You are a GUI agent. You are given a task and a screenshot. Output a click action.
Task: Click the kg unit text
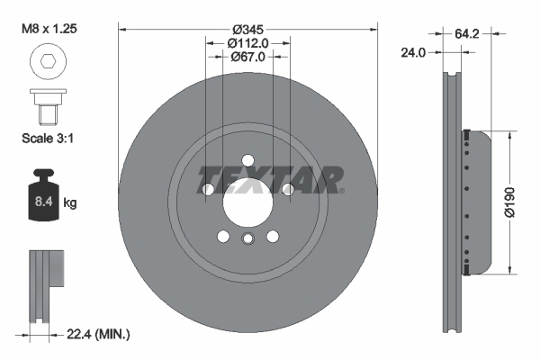[70, 203]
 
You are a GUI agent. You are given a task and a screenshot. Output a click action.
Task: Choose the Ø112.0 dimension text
[247, 42]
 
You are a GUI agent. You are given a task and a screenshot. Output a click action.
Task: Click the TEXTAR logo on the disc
[269, 180]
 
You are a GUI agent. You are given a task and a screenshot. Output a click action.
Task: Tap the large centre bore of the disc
[247, 199]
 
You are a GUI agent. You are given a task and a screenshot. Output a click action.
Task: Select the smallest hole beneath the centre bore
[247, 238]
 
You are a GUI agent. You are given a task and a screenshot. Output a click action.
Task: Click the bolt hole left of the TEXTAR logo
[208, 190]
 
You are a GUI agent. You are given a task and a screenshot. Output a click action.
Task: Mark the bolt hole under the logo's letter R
[288, 190]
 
